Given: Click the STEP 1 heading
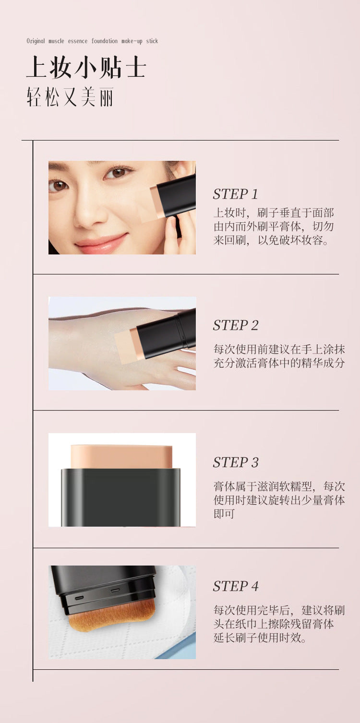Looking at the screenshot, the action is point(236,194).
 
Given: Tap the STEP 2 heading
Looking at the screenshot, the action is point(236,325).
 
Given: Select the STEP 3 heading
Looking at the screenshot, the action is point(236,462).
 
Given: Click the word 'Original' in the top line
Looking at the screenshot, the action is point(36,41).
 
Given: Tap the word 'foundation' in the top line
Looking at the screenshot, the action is point(105,41).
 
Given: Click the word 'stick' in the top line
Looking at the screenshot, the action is point(152,41).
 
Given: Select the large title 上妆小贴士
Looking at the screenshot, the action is point(86,67).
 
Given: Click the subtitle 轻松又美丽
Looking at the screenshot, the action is point(70,96).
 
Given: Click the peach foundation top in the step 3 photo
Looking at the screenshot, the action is point(121,457).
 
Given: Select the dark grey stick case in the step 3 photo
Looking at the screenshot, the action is point(120,497).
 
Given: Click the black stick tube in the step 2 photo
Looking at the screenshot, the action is point(166,334).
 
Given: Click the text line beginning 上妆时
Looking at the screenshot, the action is point(274,213).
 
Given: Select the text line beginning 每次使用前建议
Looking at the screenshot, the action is point(279,349).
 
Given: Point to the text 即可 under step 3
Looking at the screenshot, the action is point(224,514).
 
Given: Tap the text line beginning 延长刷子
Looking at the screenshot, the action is point(260,638).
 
